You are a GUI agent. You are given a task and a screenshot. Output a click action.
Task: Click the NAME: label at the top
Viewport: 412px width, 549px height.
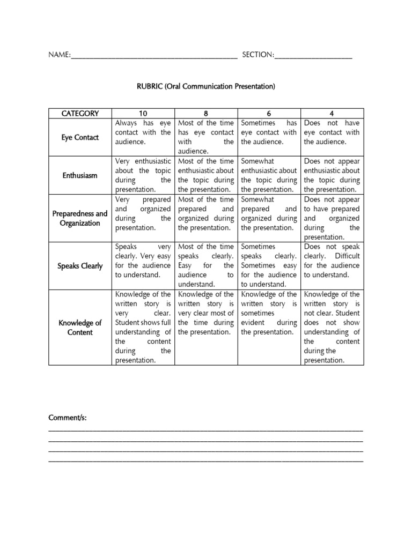point(60,55)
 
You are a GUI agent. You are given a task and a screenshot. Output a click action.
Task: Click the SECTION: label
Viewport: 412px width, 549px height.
point(258,55)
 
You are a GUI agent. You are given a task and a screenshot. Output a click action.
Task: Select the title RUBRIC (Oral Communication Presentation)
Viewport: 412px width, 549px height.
point(205,86)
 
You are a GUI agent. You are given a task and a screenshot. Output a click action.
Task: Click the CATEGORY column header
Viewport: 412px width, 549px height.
point(80,113)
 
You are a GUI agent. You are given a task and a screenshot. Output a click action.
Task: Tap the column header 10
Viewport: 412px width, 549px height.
point(143,113)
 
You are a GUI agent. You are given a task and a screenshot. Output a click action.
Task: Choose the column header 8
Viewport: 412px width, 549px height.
point(206,113)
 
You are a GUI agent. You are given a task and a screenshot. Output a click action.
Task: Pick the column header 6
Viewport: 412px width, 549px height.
point(269,113)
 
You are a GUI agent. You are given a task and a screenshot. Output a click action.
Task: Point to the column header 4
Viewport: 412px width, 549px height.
point(332,113)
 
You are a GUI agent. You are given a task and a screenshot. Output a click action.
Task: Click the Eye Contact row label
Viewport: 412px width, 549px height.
point(80,137)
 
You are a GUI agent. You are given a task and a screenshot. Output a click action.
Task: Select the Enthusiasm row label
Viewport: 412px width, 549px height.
point(80,175)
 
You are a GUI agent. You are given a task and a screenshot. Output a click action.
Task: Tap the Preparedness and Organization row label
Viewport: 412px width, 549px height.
point(80,218)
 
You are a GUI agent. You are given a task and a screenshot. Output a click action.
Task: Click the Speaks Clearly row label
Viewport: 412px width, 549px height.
point(80,266)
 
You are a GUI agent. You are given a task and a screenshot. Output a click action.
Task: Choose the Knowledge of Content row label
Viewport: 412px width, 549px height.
point(80,328)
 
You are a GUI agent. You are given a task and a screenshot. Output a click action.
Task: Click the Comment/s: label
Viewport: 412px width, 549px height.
point(67,418)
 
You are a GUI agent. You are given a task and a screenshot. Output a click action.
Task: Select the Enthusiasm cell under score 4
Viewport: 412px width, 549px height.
point(332,175)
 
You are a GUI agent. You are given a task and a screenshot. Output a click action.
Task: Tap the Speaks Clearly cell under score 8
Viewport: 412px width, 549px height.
point(206,265)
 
